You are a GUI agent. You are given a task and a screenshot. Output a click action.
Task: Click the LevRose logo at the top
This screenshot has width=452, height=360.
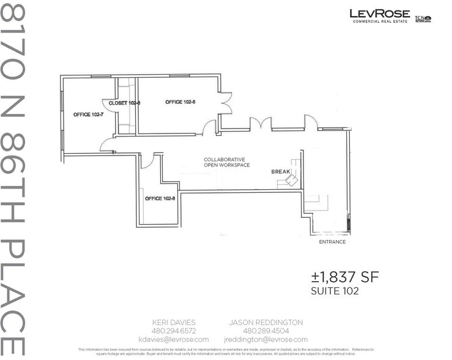pos(379,16)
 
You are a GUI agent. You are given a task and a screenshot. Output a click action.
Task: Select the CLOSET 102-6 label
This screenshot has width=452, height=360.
pos(125,103)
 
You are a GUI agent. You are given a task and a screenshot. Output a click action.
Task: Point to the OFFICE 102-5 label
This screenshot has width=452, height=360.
pos(181,102)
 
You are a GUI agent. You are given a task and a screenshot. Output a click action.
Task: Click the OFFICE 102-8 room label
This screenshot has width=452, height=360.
pos(160,198)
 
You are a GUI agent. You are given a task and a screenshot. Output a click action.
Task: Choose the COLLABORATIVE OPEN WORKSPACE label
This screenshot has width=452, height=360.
pos(227,162)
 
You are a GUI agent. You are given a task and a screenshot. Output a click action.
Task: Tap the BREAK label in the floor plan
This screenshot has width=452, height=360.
pos(280,172)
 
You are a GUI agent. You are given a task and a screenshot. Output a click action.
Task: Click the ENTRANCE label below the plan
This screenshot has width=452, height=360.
pos(332,242)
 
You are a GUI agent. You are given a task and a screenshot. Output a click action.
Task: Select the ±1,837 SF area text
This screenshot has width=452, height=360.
pos(345,277)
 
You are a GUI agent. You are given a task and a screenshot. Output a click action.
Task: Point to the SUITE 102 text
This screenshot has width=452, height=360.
pos(335,291)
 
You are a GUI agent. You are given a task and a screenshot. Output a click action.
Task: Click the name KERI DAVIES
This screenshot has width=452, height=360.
pos(173,322)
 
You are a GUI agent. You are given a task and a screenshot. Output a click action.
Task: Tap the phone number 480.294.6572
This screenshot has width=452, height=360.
pos(173,331)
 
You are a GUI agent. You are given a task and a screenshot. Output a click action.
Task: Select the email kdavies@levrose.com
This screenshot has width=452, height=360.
pos(173,339)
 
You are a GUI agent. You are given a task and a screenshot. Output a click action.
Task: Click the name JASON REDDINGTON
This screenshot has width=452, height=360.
pos(265,322)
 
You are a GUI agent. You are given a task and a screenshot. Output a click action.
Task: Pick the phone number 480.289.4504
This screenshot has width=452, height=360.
pos(265,331)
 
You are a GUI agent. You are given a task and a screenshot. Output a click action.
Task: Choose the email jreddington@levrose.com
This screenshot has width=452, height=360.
pos(265,339)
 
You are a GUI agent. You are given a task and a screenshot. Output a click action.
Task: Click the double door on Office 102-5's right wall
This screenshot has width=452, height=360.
pos(226,103)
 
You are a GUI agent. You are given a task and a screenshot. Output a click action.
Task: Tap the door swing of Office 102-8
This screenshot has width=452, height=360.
pos(146,161)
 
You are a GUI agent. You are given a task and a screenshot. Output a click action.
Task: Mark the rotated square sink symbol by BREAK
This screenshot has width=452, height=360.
pos(292,181)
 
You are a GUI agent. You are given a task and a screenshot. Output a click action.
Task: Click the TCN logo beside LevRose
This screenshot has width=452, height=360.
pos(423,19)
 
